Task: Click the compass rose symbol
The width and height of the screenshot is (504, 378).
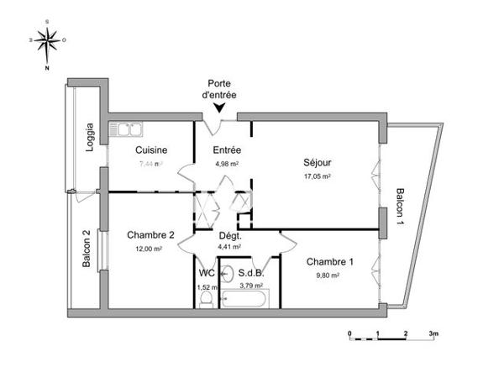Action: click(49, 39)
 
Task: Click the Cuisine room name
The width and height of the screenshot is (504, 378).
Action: click(151, 150)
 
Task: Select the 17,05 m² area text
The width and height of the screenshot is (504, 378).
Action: click(317, 176)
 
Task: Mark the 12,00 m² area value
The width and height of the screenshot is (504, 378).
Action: click(150, 249)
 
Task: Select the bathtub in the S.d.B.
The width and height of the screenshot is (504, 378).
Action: click(250, 300)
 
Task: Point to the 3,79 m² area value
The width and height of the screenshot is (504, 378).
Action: click(251, 286)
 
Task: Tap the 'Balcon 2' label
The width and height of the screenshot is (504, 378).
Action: click(87, 249)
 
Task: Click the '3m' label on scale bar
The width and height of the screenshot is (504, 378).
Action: click(434, 333)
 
